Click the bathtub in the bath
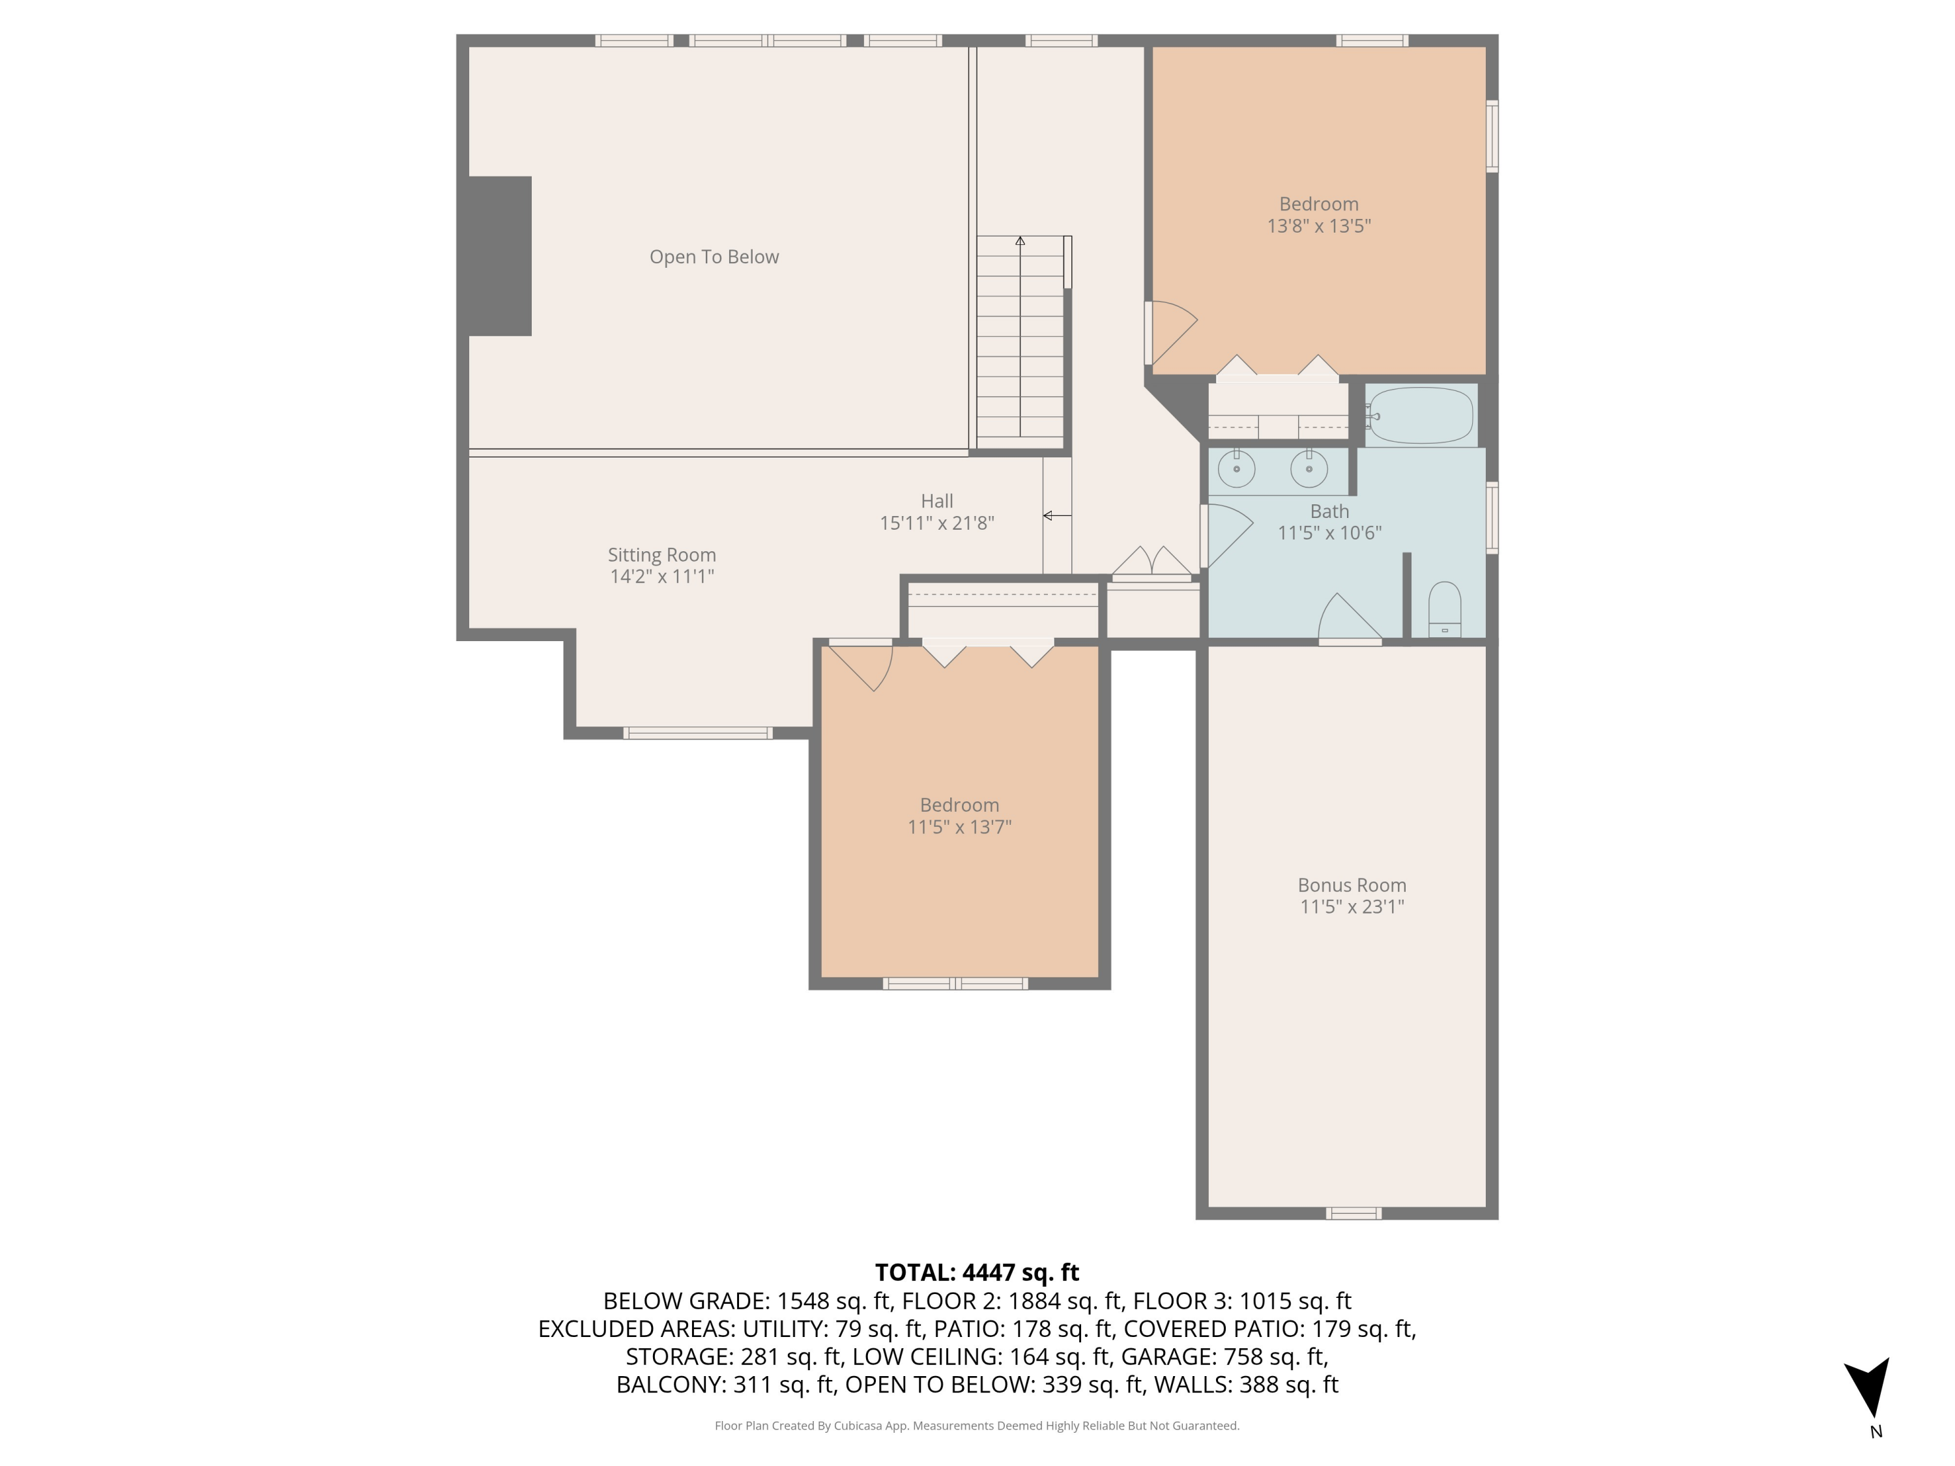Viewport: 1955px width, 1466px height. pos(1420,415)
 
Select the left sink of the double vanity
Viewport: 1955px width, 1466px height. pos(1236,468)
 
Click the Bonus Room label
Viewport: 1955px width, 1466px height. pos(1352,885)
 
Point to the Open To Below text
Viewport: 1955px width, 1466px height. pos(714,257)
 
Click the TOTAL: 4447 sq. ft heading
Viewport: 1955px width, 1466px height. pos(977,1272)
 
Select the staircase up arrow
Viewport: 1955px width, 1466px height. pos(1020,241)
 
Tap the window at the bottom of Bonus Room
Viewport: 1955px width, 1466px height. pos(1353,1213)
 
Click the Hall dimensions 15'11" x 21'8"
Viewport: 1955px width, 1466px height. pos(937,523)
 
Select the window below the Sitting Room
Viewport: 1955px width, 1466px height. pos(697,732)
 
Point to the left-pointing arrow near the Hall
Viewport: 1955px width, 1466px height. pos(1056,515)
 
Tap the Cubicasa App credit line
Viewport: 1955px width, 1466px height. pos(977,1426)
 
